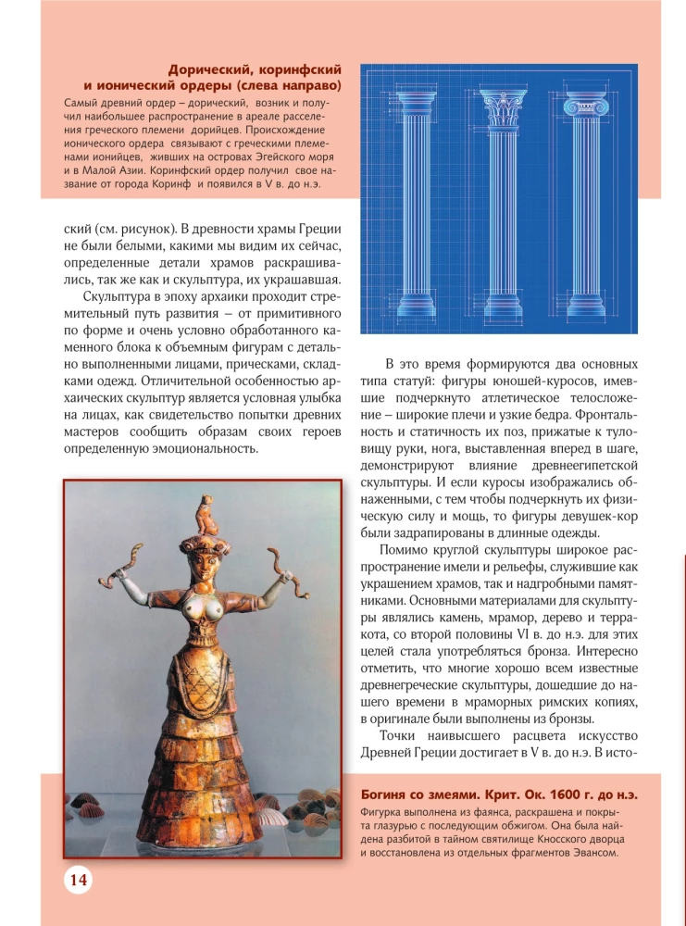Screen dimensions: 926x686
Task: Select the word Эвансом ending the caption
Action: (588, 853)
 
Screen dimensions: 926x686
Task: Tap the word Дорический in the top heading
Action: (208, 69)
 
